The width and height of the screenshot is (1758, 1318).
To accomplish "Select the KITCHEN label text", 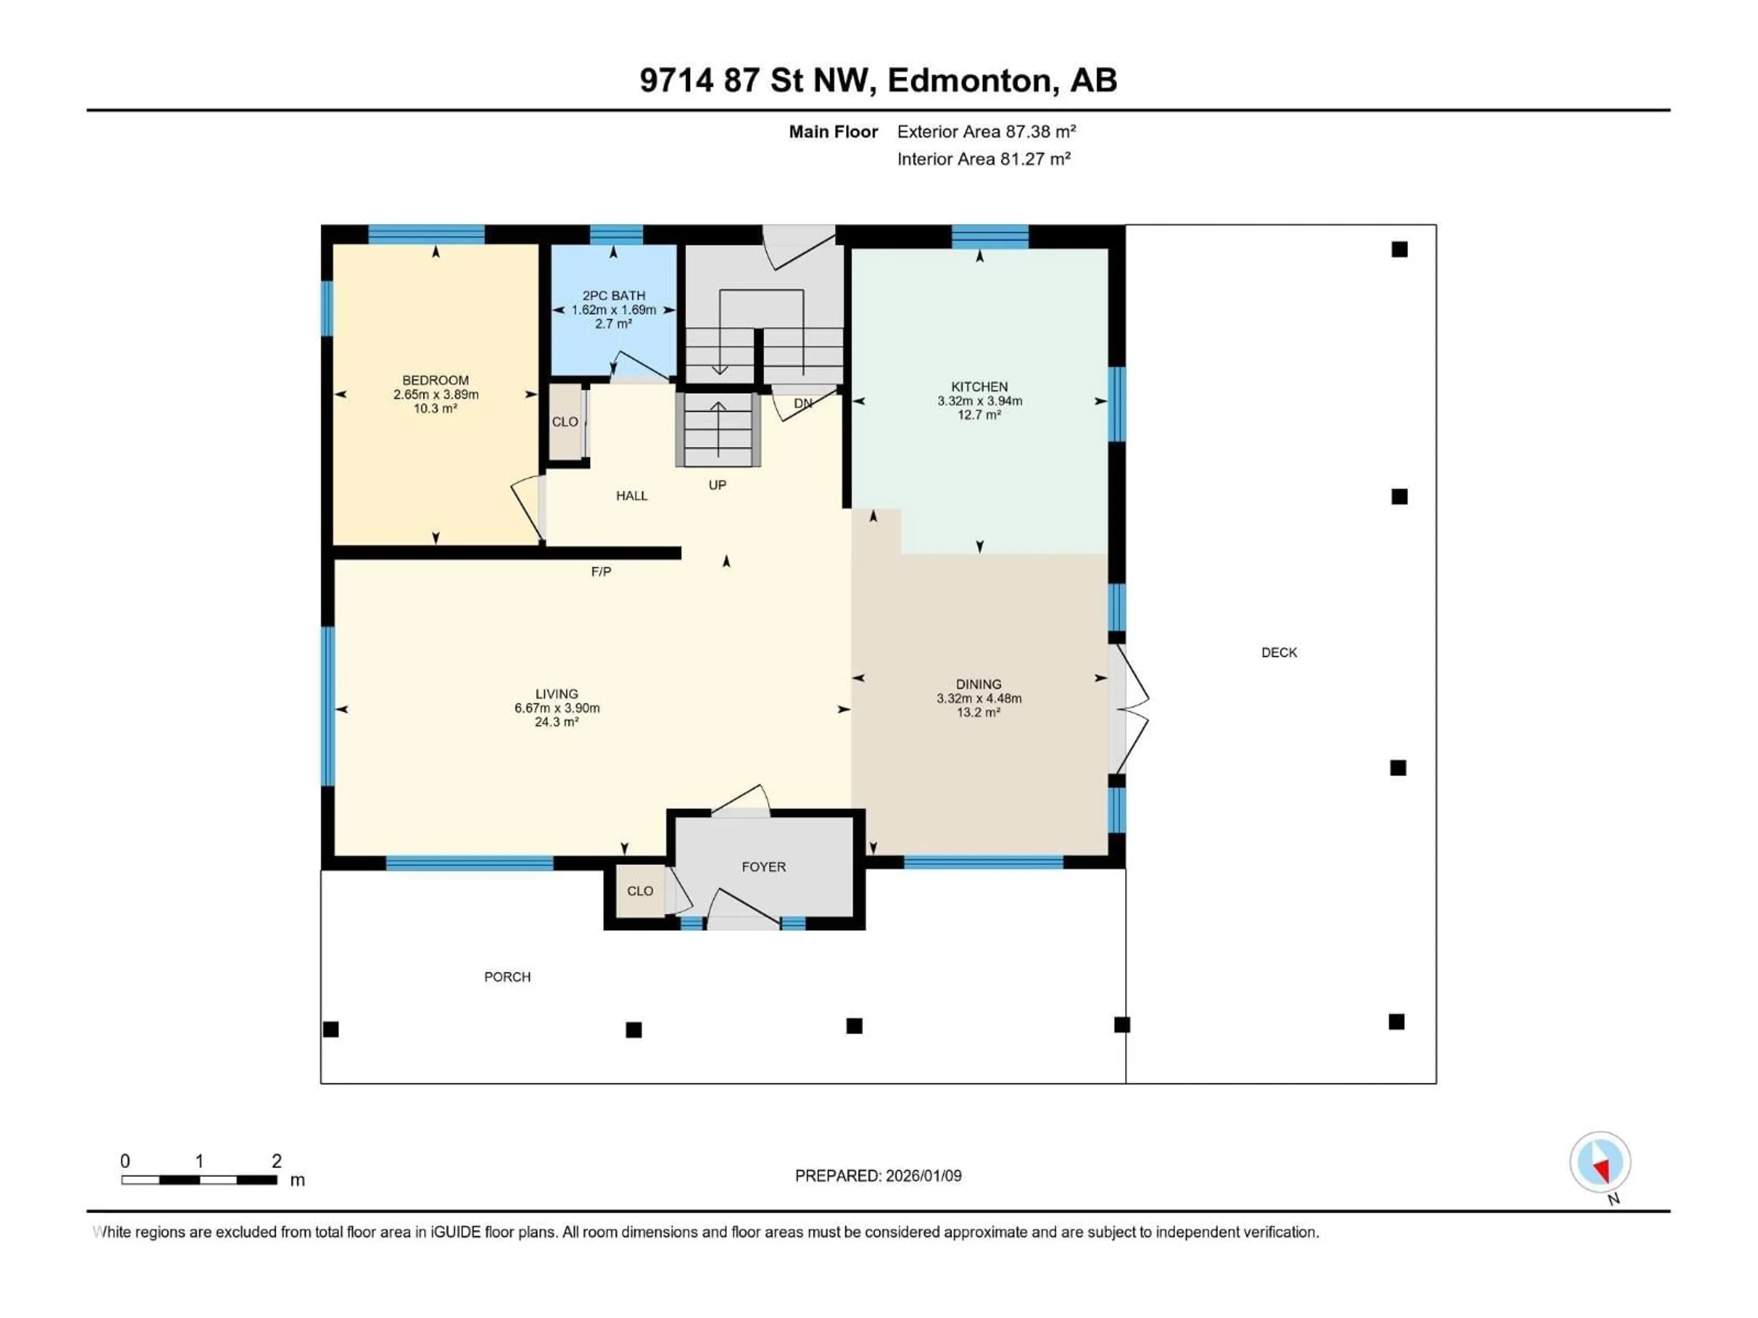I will [x=979, y=387].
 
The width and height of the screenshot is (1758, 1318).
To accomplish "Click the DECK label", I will [x=1279, y=652].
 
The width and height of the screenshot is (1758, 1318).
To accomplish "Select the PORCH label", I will [x=507, y=977].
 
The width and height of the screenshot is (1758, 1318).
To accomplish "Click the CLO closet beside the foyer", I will [x=640, y=891].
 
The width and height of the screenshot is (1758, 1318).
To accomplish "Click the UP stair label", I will [x=717, y=485].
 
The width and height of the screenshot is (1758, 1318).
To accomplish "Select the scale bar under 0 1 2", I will [x=199, y=1180].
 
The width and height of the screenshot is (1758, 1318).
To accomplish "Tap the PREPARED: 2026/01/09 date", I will [x=878, y=1176].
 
